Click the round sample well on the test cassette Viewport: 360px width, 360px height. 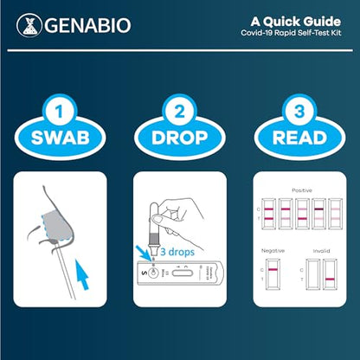tap(153, 270)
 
